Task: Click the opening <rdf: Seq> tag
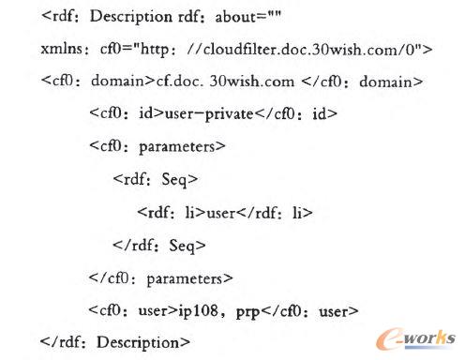pyautogui.click(x=145, y=180)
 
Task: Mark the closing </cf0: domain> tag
pyautogui.click(x=369, y=82)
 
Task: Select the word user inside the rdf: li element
pyautogui.click(x=220, y=212)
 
